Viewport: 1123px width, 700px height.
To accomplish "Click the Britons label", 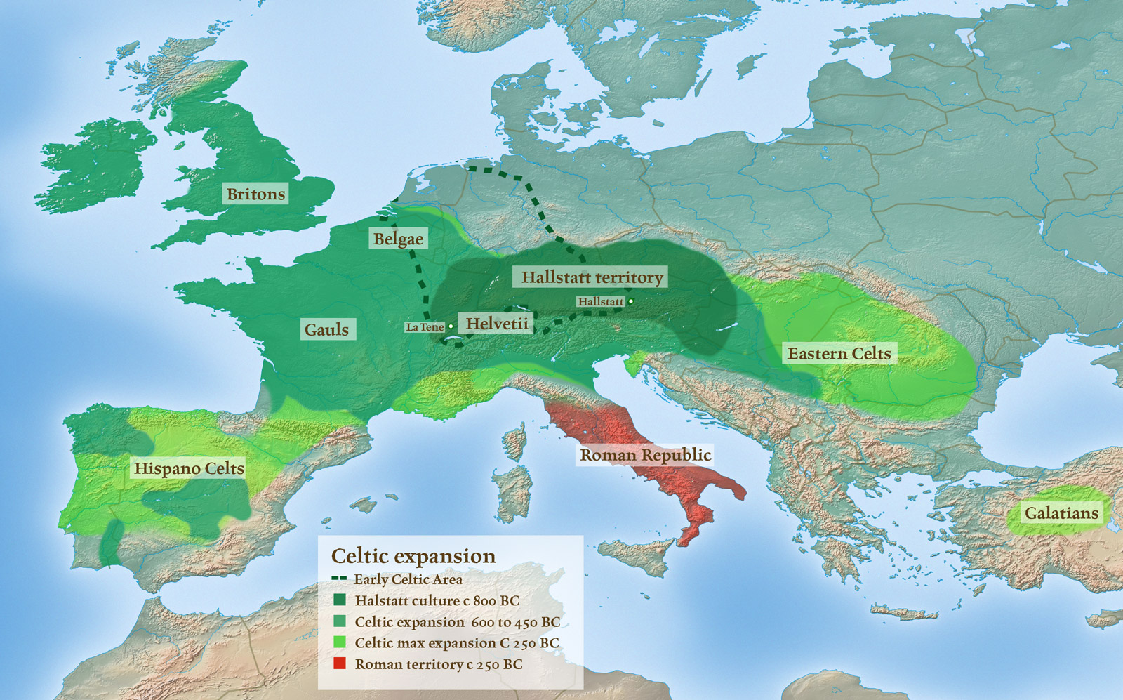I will tap(255, 194).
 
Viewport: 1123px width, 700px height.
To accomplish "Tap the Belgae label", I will tap(398, 239).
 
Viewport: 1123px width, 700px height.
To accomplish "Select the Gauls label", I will tap(326, 329).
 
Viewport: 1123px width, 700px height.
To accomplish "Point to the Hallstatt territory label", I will tap(592, 277).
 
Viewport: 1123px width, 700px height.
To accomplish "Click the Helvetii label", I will tap(497, 324).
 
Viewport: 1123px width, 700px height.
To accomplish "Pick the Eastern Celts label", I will tap(839, 353).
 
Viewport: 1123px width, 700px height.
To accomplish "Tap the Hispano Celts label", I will tap(189, 468).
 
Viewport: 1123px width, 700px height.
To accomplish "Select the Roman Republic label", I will tap(645, 455).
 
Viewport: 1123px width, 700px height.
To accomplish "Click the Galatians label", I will tap(1061, 513).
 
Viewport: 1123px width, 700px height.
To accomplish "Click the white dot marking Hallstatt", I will tap(630, 301).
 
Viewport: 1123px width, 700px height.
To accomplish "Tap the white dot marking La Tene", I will tap(451, 326).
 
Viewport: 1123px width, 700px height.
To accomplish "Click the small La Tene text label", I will tap(425, 327).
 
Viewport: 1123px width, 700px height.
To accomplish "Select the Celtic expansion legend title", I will tap(413, 556).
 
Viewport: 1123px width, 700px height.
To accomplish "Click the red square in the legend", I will tap(340, 663).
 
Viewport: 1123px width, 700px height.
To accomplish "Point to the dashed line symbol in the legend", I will tap(339, 579).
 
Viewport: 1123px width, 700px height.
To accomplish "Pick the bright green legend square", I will tap(340, 642).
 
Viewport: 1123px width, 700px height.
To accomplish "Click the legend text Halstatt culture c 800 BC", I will tap(437, 600).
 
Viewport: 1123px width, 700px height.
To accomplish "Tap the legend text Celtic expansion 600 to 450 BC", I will tap(457, 622).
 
